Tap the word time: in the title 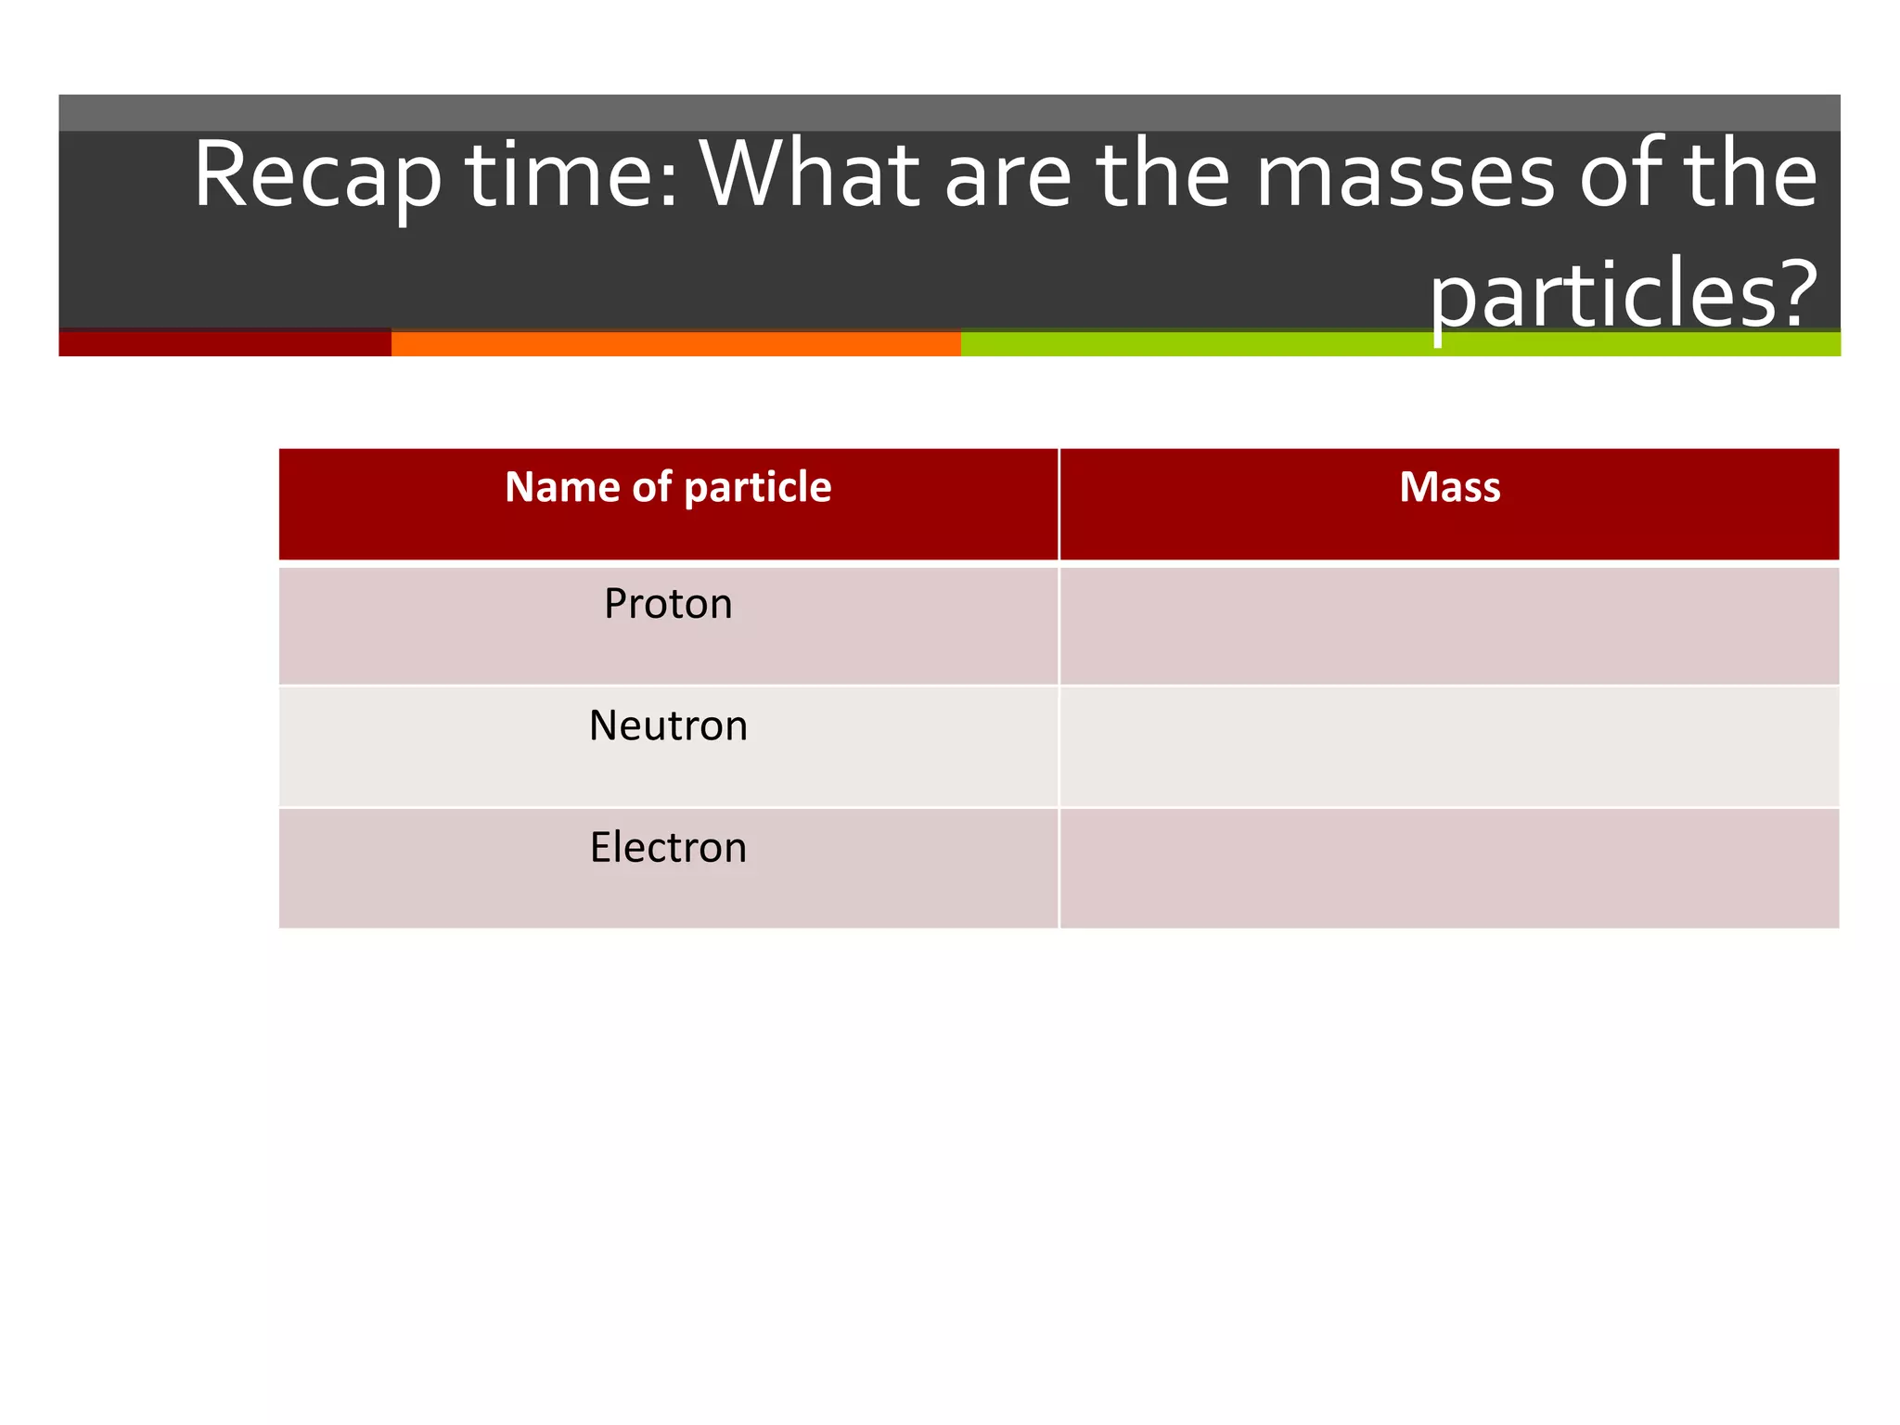pos(572,174)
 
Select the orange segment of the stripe pos(675,343)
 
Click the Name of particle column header pos(668,487)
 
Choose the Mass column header pos(1449,487)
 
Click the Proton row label pos(668,604)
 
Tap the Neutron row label pos(668,725)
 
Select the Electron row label pos(668,848)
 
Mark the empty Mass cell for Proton pos(1449,626)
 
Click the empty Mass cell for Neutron pos(1449,747)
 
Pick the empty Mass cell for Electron pos(1449,868)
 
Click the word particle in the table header pos(757,488)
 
